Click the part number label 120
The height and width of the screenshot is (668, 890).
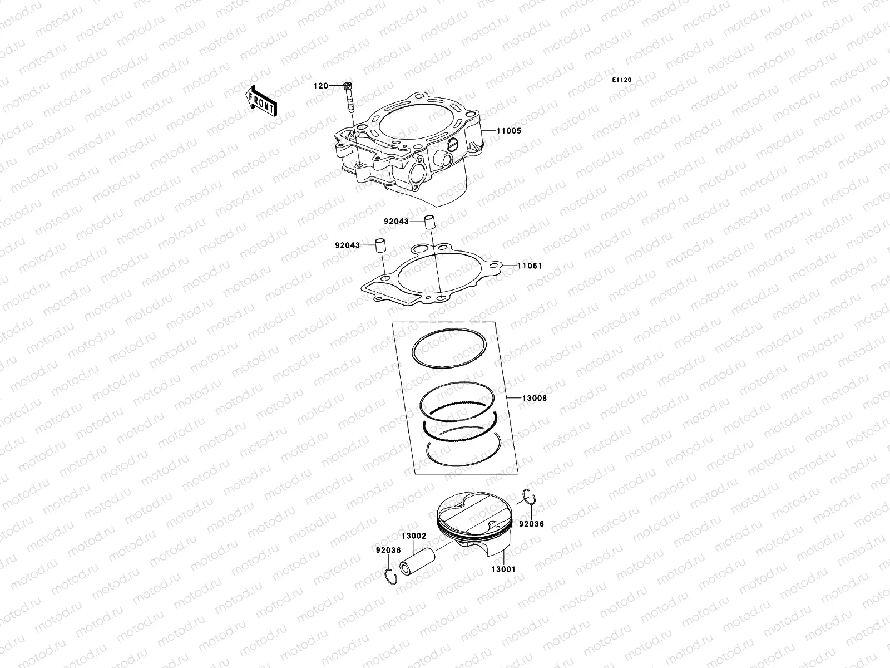pyautogui.click(x=320, y=86)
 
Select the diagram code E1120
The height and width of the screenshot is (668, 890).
pyautogui.click(x=622, y=80)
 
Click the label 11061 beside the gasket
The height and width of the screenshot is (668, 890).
pyautogui.click(x=529, y=266)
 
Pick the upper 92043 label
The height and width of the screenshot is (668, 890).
pyautogui.click(x=395, y=222)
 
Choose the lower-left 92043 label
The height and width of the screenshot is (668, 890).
pyautogui.click(x=348, y=245)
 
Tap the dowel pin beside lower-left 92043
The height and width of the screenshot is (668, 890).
pyautogui.click(x=380, y=246)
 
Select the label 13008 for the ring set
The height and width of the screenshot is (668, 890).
pyautogui.click(x=534, y=399)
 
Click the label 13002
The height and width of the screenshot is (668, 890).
pyautogui.click(x=414, y=536)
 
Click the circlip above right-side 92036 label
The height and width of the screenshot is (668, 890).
pyautogui.click(x=530, y=497)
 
